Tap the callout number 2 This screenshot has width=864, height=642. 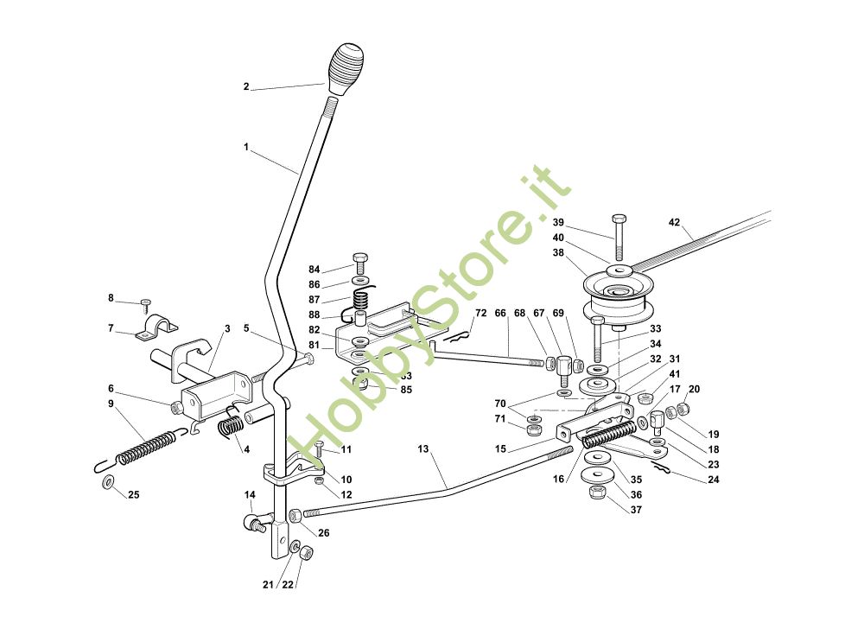pos(246,86)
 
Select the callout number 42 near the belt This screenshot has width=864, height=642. pos(675,222)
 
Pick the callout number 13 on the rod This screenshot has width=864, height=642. pos(422,450)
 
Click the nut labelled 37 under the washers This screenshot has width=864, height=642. pos(594,493)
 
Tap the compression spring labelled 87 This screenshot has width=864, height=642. pos(363,300)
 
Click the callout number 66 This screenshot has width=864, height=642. pos(500,313)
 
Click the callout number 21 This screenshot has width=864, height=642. pos(268,585)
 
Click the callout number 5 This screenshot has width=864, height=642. pos(246,328)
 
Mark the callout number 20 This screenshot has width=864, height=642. pos(694,389)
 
